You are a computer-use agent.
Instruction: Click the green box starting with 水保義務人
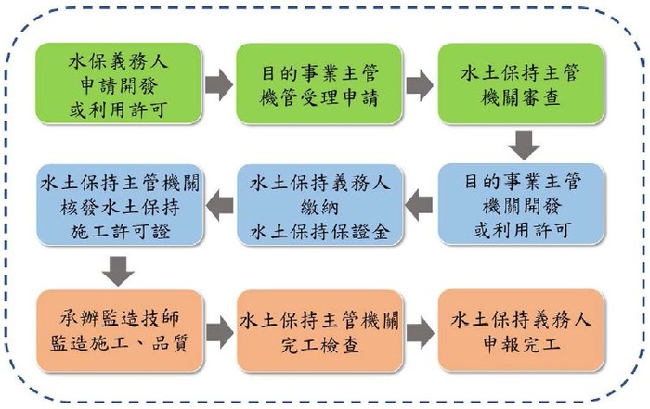pos(119,83)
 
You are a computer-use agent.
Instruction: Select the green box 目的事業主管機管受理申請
pos(318,83)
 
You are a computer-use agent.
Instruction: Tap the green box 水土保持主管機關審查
pos(521,83)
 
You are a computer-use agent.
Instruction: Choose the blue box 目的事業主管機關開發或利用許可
pos(521,204)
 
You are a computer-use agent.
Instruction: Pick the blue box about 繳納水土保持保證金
pos(319,205)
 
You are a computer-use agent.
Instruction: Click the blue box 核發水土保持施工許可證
pos(120,205)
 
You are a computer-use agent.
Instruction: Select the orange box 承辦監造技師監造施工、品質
pos(120,331)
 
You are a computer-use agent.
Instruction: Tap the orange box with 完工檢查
pos(319,331)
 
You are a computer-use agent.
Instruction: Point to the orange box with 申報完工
pos(521,330)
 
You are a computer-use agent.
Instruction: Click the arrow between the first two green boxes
pos(219,85)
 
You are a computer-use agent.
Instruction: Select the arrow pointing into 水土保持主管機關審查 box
pos(420,85)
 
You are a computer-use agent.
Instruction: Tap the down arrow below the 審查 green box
pos(525,146)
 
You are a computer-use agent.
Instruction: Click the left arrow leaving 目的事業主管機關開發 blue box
pos(419,205)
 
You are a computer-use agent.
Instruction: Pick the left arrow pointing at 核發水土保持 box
pos(219,205)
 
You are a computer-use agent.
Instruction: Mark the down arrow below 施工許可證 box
pos(118,271)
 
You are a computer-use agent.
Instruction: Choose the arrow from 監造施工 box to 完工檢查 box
pos(220,332)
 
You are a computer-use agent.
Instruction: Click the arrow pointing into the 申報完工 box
pos(421,332)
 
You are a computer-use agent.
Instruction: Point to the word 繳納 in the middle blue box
pos(319,207)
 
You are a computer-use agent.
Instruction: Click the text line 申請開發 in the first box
pos(119,85)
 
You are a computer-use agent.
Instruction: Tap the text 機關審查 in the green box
pos(521,97)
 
